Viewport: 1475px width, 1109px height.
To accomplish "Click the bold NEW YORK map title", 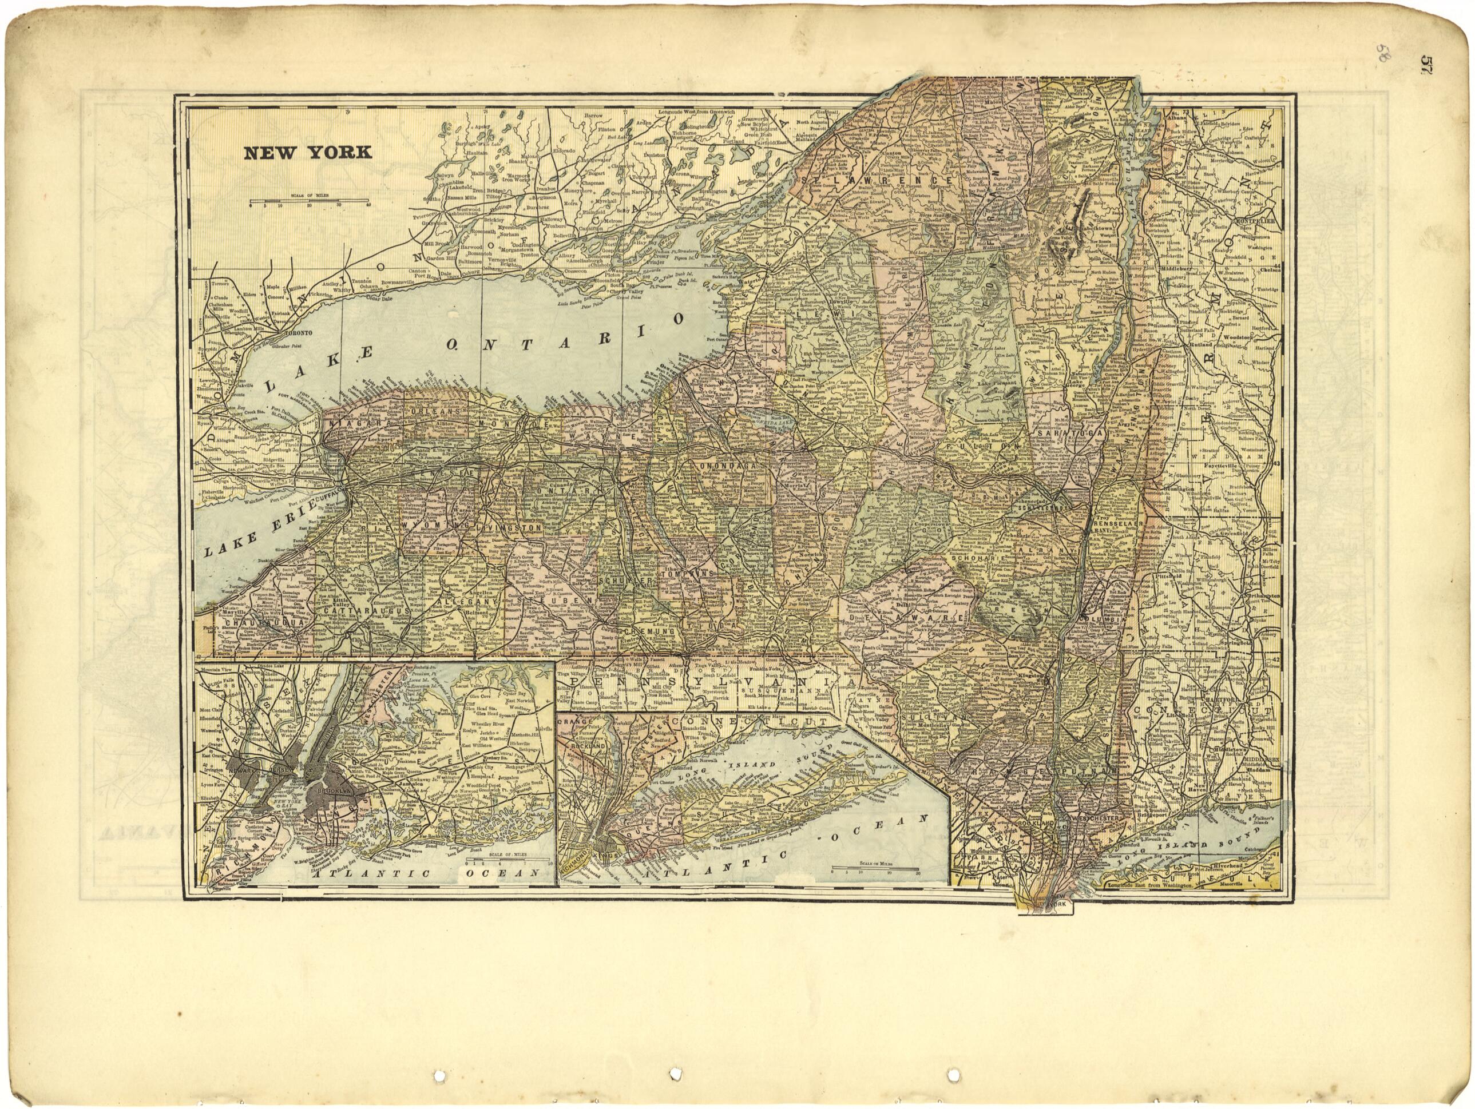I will [x=307, y=153].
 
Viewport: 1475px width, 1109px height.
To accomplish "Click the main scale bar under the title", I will [x=310, y=200].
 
